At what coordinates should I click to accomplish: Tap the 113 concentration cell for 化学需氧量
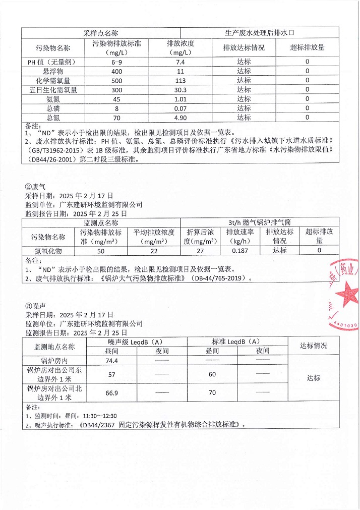pos(181,80)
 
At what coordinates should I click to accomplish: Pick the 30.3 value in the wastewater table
pos(181,90)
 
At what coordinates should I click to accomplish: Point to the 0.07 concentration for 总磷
pos(181,108)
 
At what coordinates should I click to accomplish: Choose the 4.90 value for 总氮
pos(181,118)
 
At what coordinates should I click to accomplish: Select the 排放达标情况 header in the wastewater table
pos(244,47)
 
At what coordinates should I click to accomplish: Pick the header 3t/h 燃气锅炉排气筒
pos(259,222)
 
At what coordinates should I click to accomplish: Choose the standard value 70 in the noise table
pos(212,392)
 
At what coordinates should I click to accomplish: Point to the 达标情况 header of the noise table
pos(313,346)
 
